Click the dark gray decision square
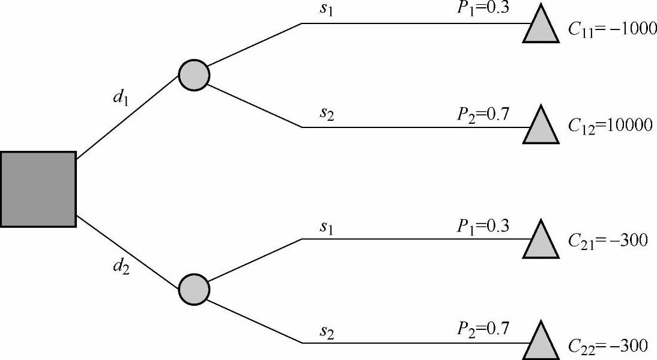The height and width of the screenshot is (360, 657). [x=38, y=189]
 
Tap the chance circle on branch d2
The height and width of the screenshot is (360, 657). [x=194, y=289]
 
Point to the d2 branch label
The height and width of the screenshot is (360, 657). [x=121, y=265]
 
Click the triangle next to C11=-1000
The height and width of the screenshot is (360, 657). [x=541, y=27]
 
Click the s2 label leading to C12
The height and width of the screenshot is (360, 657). [x=326, y=114]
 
